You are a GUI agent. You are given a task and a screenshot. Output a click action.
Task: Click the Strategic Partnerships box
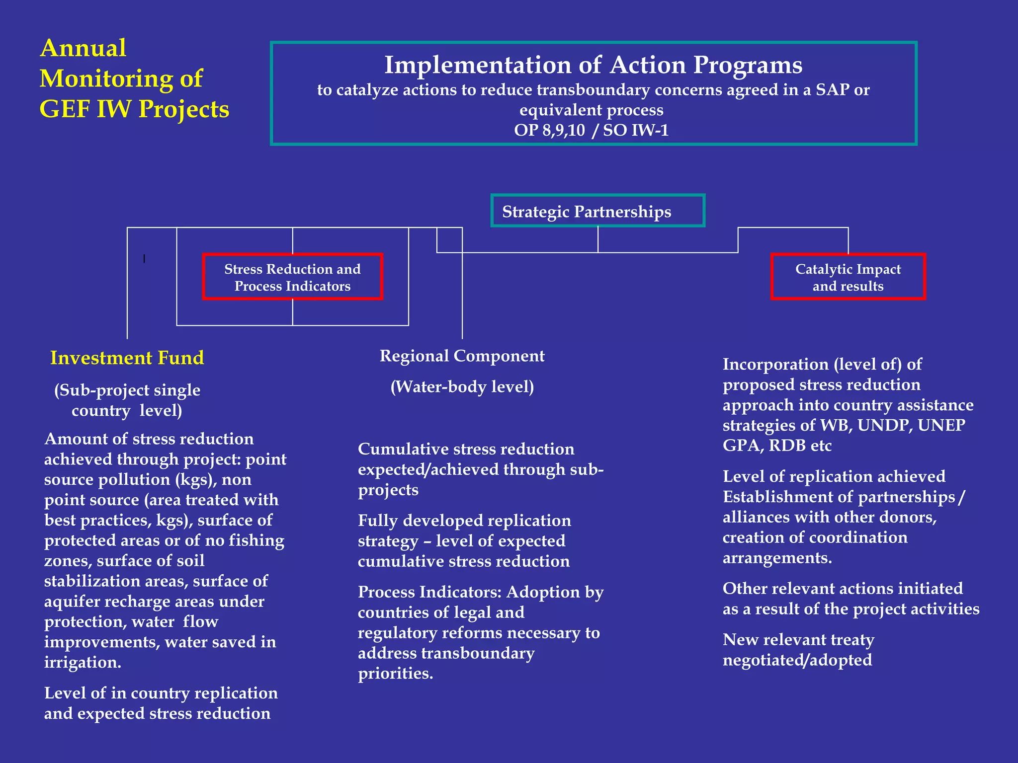click(x=597, y=211)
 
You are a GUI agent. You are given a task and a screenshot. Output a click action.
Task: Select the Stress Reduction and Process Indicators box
click(x=292, y=277)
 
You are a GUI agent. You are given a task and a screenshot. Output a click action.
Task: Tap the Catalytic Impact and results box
click(x=848, y=277)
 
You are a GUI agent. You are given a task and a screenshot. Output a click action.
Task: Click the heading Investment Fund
click(x=127, y=358)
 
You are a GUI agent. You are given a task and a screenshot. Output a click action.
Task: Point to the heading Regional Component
click(x=462, y=356)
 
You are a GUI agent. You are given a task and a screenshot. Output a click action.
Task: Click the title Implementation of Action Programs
click(x=593, y=65)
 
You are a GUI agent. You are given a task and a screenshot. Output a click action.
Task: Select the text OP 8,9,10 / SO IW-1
click(x=591, y=130)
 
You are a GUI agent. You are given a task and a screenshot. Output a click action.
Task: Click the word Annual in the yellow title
click(x=83, y=48)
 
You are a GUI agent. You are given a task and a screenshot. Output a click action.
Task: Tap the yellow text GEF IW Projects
click(x=134, y=109)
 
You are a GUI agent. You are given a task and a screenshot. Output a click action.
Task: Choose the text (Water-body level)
click(x=462, y=387)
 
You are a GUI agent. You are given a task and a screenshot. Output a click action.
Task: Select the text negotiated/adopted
click(x=797, y=660)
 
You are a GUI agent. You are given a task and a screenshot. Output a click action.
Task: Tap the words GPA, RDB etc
click(x=776, y=446)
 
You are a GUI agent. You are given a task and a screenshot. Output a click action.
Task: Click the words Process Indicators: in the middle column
click(x=429, y=592)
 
